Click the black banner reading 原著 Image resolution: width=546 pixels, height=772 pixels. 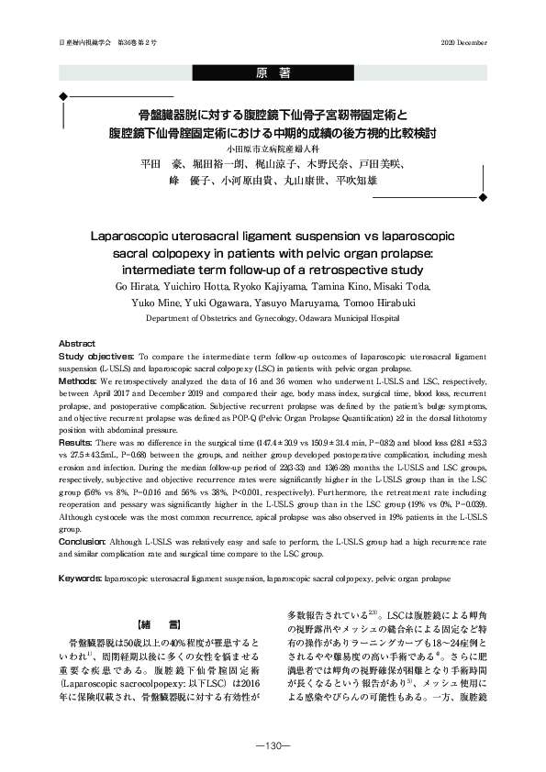[x=273, y=72]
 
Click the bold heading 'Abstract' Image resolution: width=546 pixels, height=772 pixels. [x=77, y=341]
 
